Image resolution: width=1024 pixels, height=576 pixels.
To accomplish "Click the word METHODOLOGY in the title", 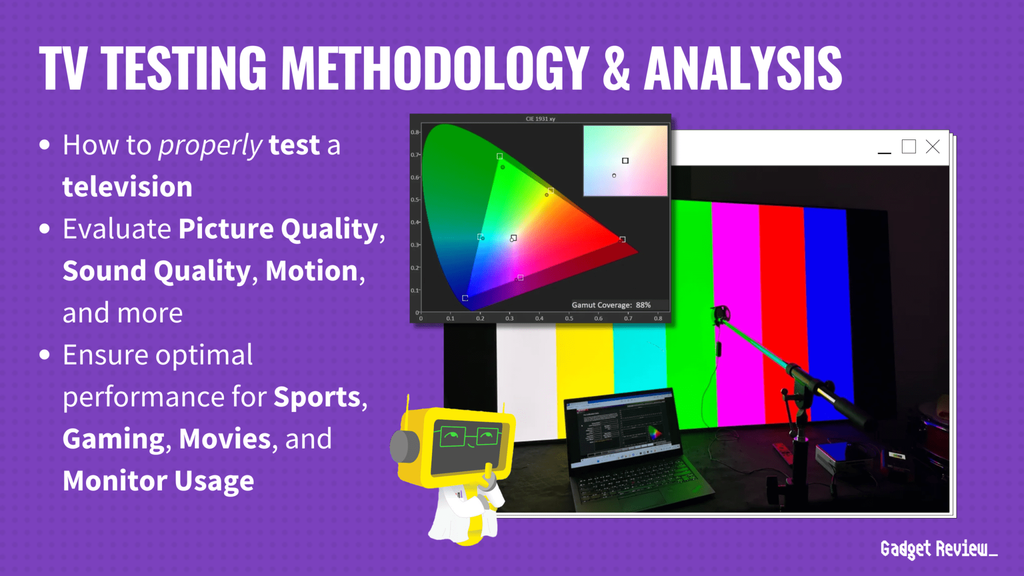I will (x=434, y=68).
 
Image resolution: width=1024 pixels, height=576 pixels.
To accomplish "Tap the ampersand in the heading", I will (x=616, y=68).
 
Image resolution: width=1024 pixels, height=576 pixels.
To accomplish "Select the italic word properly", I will (x=210, y=145).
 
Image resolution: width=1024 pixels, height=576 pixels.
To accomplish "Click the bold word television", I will (x=127, y=187).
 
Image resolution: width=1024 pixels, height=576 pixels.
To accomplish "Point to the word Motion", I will (x=311, y=271).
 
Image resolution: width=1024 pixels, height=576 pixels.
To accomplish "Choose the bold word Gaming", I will (x=113, y=439).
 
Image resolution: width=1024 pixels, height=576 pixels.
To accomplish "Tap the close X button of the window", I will (x=932, y=147).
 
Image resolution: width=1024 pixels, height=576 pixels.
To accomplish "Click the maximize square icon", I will (x=908, y=147).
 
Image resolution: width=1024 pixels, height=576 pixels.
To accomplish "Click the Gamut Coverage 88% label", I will (x=611, y=305).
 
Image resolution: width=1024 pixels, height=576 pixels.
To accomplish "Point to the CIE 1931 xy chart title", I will (x=540, y=119).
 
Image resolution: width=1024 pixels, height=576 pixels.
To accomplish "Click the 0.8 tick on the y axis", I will (x=415, y=132).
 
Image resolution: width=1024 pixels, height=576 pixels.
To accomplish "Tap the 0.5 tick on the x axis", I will (x=569, y=318).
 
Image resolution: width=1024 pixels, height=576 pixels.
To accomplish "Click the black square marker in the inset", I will (x=625, y=160).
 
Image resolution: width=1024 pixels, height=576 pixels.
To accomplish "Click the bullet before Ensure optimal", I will (x=45, y=355).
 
